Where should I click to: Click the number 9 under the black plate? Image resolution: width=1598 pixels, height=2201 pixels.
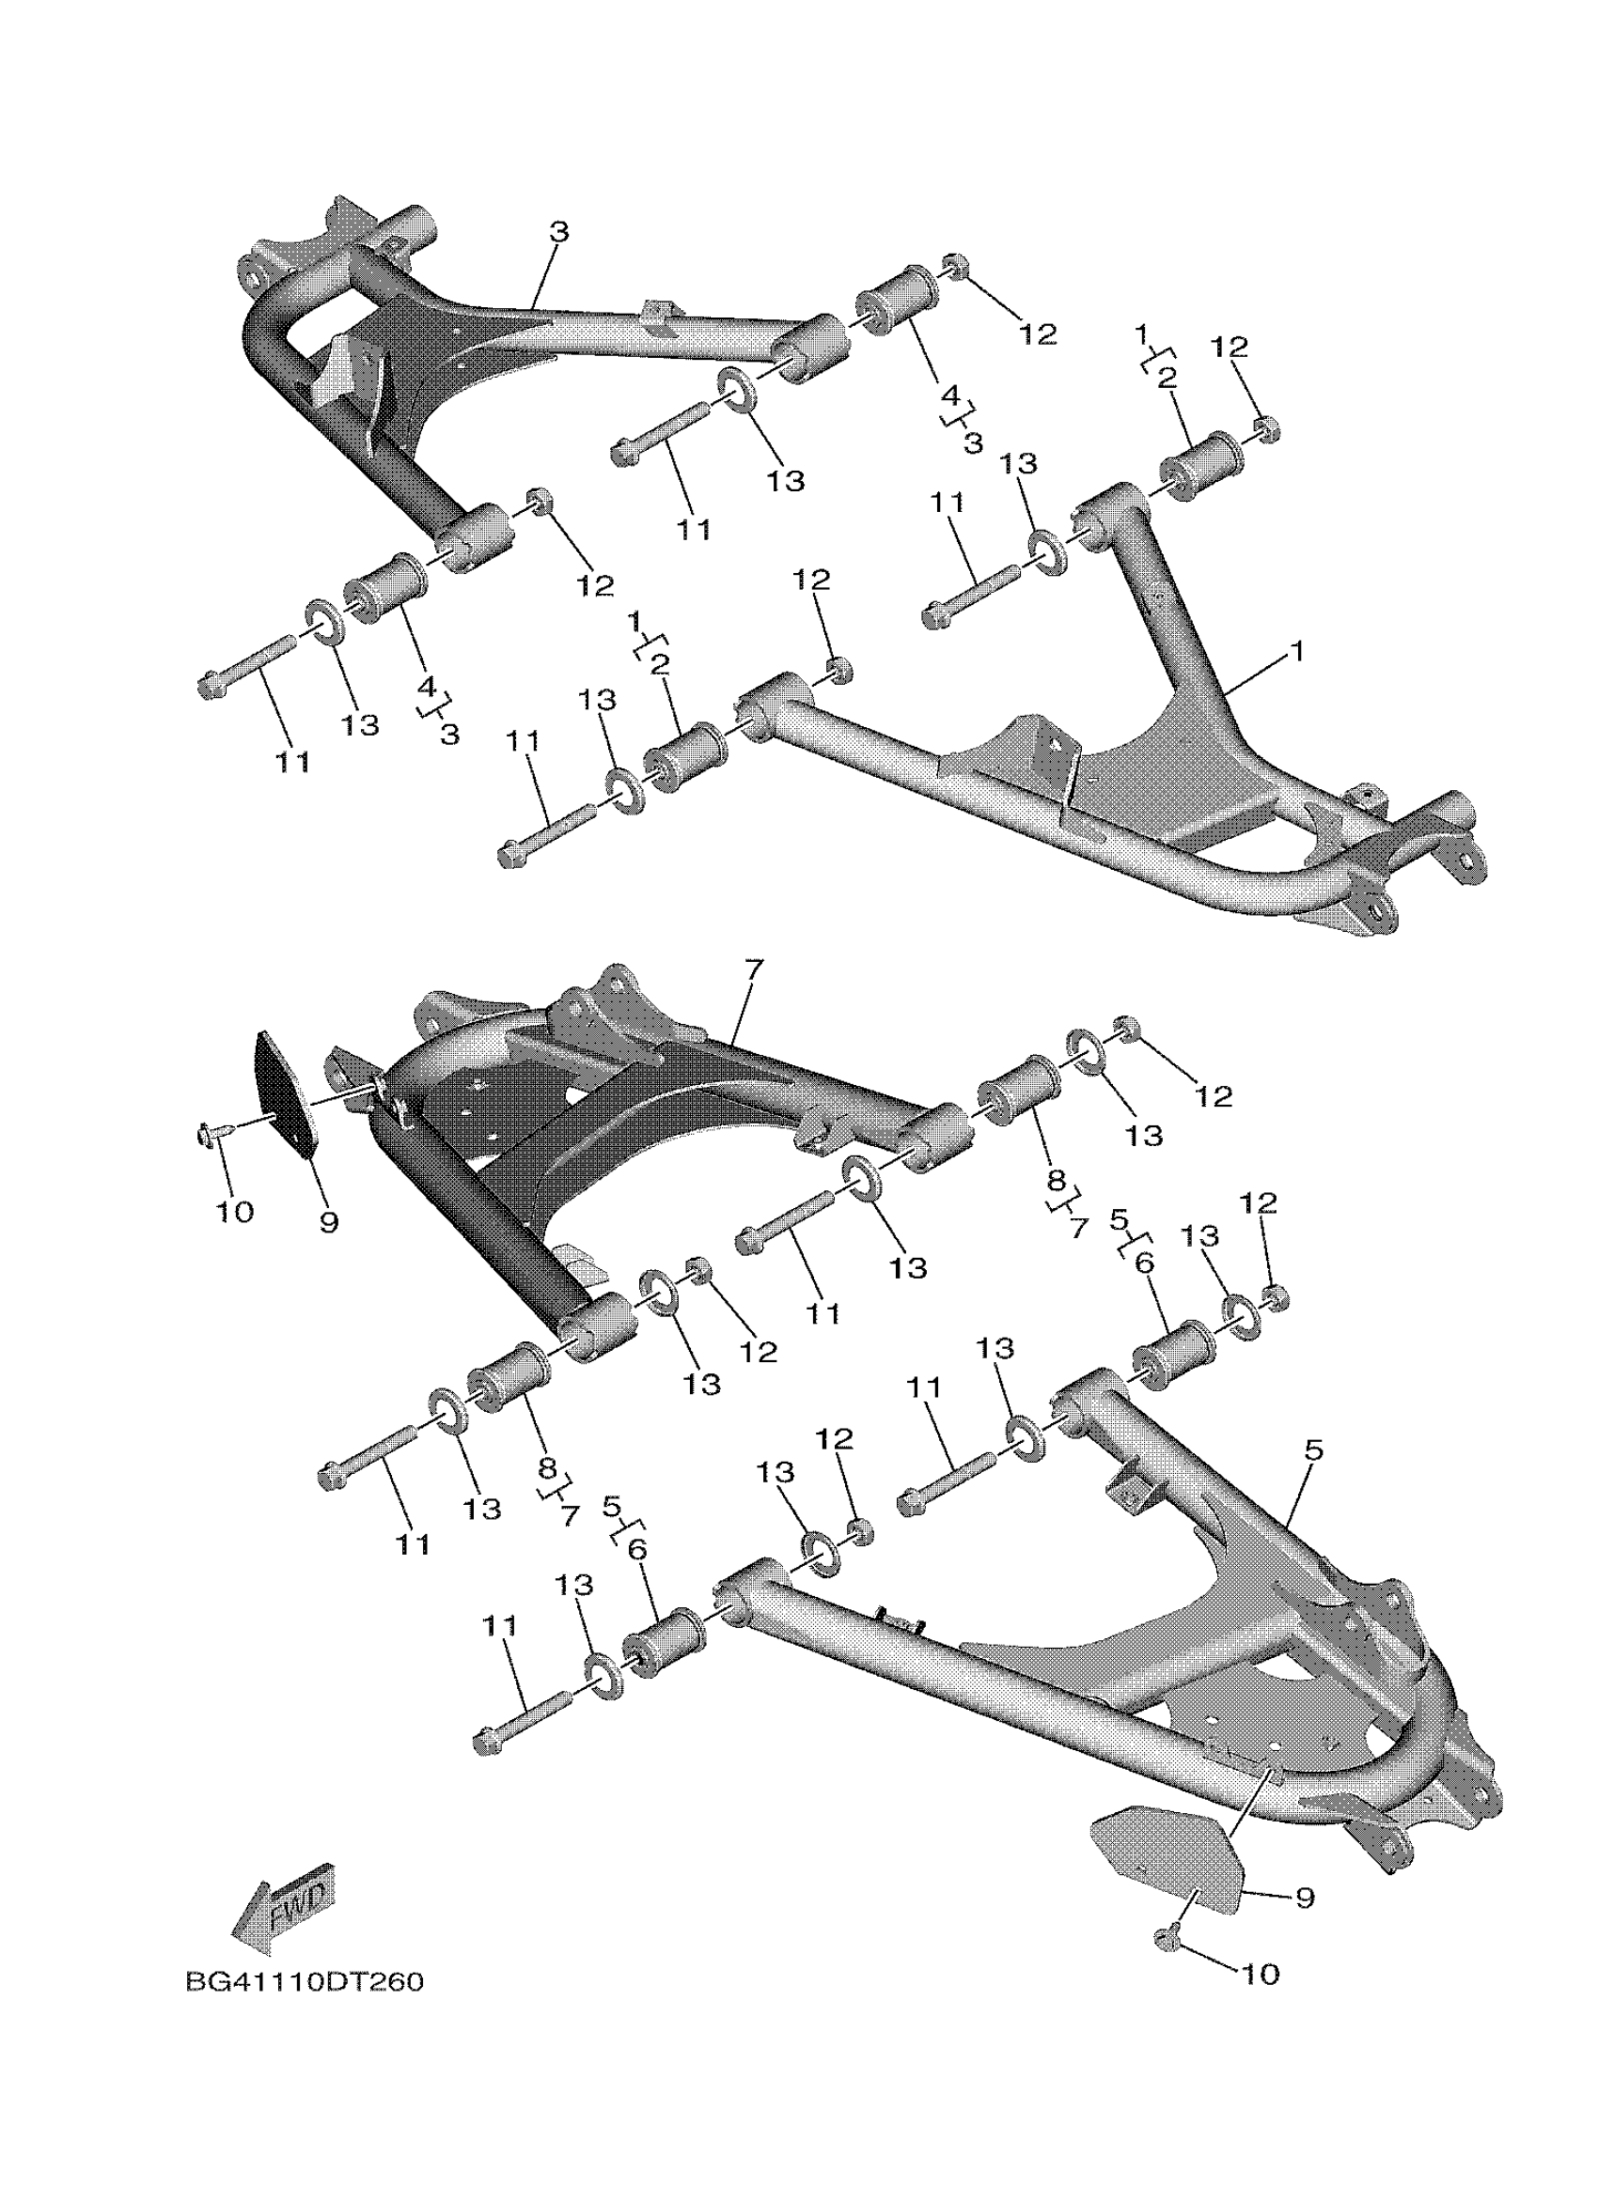(x=328, y=1222)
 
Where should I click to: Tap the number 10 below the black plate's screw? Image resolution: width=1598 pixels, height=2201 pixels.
(x=234, y=1210)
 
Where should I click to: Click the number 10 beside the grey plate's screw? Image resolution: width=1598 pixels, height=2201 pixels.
(x=1261, y=1973)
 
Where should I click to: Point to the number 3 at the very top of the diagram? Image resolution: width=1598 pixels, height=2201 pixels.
(x=558, y=231)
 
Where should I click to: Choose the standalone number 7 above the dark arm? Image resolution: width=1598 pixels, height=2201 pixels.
(x=754, y=969)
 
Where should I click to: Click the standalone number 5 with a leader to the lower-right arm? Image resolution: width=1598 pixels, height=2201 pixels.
(x=1313, y=1477)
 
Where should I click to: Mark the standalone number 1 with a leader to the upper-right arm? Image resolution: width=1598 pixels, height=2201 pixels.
(x=1297, y=651)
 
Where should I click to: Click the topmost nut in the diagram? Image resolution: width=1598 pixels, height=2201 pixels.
(x=954, y=265)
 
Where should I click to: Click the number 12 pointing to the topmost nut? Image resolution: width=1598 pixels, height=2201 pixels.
(x=1037, y=333)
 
